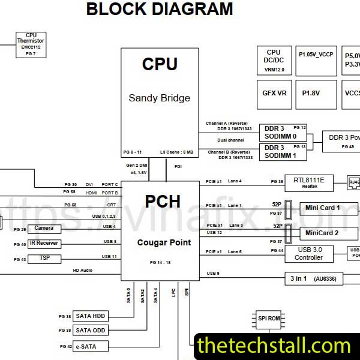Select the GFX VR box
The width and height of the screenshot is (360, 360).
(x=274, y=93)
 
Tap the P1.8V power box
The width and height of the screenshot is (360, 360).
(x=310, y=93)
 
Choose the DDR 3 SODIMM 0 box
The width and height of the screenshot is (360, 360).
(x=282, y=132)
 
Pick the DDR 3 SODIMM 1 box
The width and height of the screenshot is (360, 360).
(x=282, y=151)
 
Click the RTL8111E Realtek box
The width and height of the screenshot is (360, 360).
(x=309, y=182)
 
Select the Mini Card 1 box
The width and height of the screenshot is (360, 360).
(x=322, y=208)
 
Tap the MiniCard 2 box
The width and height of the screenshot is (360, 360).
(x=322, y=232)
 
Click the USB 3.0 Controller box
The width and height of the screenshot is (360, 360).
(x=308, y=253)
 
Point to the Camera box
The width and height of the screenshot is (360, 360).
(x=44, y=229)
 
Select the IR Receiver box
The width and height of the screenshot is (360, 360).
(x=44, y=243)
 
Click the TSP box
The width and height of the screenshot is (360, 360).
(x=44, y=258)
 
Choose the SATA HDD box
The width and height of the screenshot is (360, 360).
(x=90, y=316)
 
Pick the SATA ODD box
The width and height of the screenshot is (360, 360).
(x=90, y=331)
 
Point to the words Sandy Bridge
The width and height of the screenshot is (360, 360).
(x=159, y=98)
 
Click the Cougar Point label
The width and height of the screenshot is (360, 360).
(x=164, y=242)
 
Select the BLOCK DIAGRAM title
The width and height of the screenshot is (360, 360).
(x=160, y=9)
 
